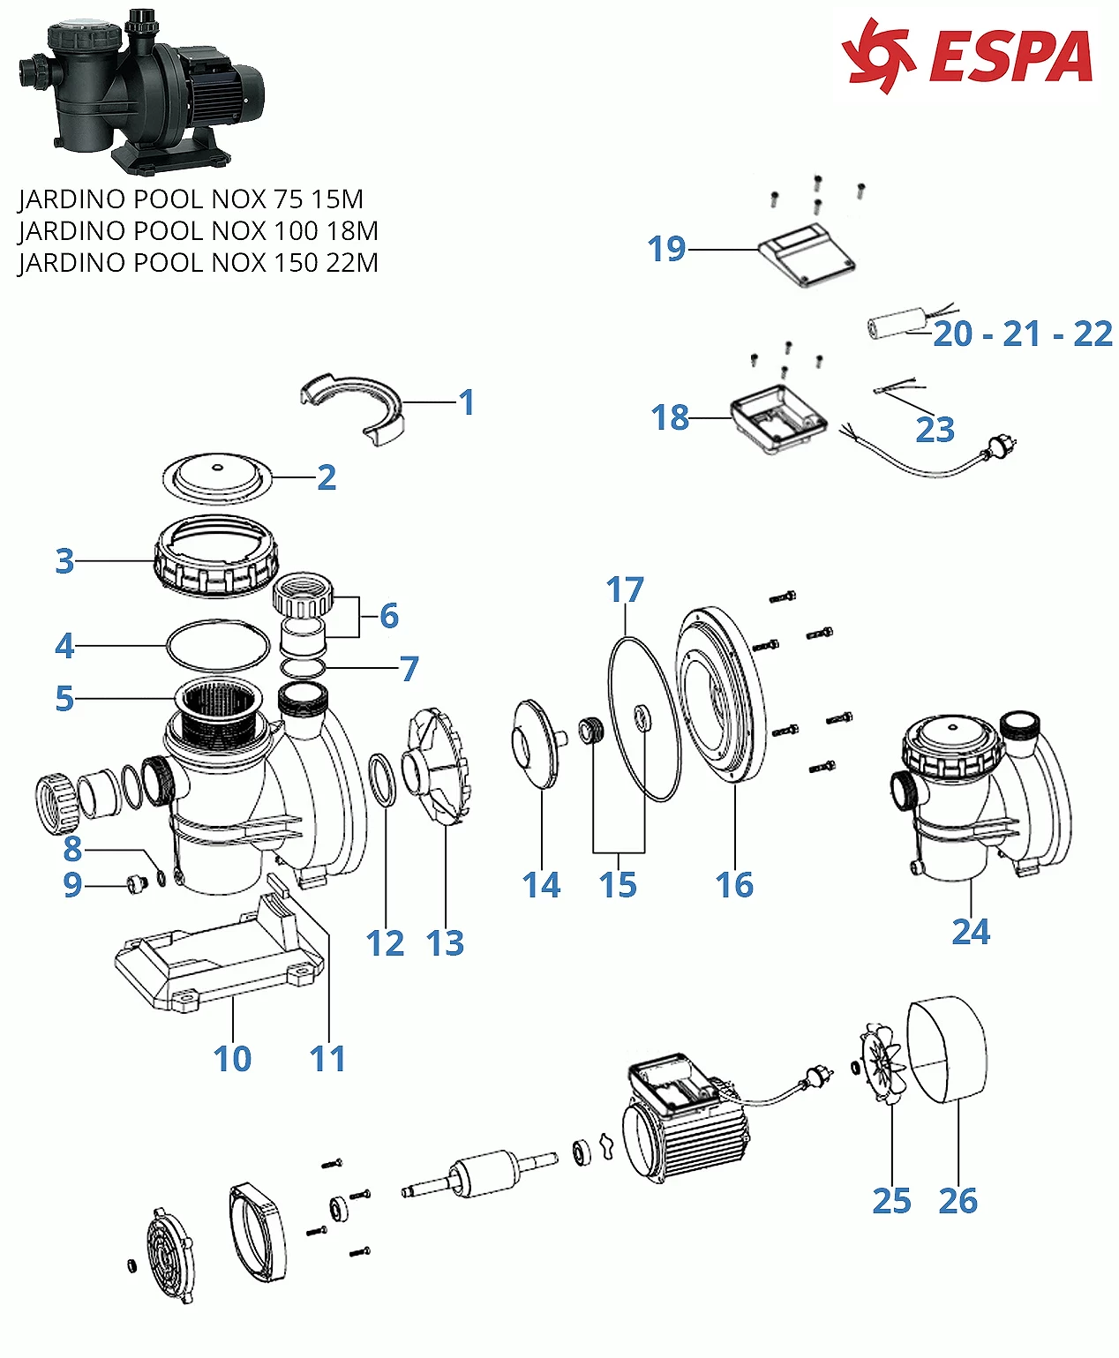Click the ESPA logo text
(1010, 57)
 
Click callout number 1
(467, 402)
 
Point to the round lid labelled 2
(215, 477)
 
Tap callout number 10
(232, 1058)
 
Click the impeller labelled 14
(535, 743)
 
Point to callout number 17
(625, 589)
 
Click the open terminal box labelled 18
(777, 423)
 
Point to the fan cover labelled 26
(948, 1049)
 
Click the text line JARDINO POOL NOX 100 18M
(198, 231)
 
